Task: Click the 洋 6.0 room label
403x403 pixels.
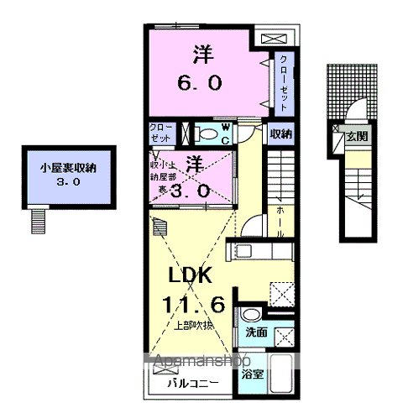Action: click(x=199, y=69)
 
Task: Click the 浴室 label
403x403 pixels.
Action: click(x=252, y=374)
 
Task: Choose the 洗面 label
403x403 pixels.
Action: click(x=255, y=333)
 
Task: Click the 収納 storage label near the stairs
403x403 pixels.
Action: click(x=280, y=134)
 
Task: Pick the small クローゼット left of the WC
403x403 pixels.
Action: click(x=161, y=133)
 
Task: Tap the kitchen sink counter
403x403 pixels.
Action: click(x=260, y=251)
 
